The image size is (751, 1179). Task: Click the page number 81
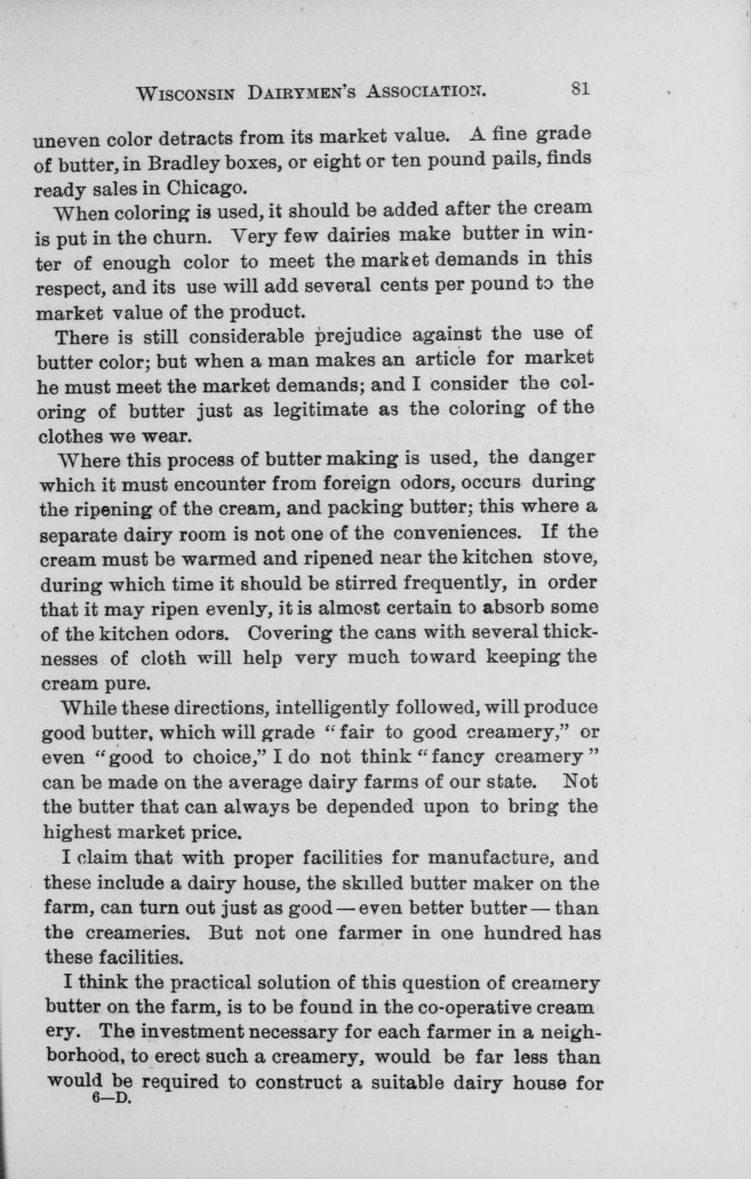(x=582, y=89)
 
